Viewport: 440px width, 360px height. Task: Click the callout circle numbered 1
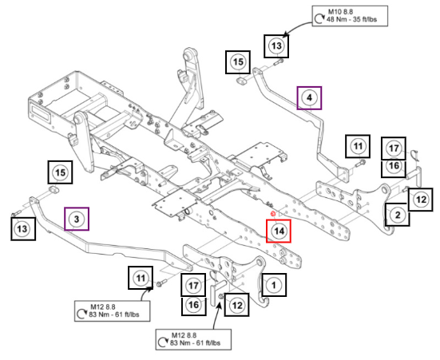point(274,285)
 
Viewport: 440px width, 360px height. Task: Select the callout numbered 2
point(398,215)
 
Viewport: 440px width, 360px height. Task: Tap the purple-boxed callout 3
point(77,219)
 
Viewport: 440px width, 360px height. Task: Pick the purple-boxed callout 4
point(309,97)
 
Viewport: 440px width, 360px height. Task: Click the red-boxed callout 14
point(279,231)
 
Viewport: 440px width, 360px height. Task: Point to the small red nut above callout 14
point(272,214)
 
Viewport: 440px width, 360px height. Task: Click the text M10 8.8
point(340,12)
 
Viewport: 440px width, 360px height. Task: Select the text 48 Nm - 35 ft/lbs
point(351,19)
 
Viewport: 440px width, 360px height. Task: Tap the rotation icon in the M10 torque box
point(319,19)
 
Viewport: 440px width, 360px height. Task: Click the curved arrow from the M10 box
point(296,27)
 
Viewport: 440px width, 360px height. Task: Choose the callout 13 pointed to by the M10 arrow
point(276,45)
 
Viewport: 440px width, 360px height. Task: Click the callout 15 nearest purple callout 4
point(238,62)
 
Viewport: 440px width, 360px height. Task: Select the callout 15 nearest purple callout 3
point(60,172)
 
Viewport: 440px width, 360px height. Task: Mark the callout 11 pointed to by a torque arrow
point(141,278)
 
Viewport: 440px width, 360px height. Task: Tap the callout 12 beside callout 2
point(420,200)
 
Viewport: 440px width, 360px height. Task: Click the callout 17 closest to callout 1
point(193,285)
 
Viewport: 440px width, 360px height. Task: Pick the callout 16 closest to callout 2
point(394,165)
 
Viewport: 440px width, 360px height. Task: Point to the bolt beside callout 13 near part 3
point(16,213)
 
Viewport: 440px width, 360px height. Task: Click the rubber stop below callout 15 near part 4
point(241,81)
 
